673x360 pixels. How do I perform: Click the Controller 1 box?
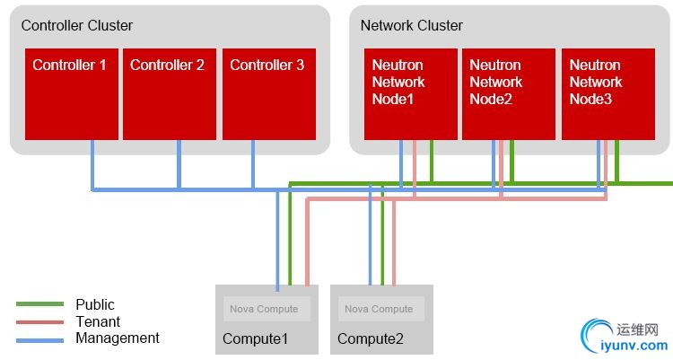(x=71, y=94)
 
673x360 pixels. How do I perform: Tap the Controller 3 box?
(x=268, y=94)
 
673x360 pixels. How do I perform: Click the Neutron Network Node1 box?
(x=410, y=94)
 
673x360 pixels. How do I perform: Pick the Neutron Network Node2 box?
(x=508, y=94)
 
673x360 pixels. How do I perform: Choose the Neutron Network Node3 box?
(x=607, y=94)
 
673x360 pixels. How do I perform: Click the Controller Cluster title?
(x=77, y=25)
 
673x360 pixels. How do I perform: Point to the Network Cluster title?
(x=412, y=25)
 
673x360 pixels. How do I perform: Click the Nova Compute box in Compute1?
(x=267, y=309)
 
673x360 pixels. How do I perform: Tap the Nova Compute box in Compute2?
(x=381, y=309)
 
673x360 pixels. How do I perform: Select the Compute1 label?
(x=256, y=338)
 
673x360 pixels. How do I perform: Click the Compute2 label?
(x=371, y=338)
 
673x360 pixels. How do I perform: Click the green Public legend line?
(x=39, y=304)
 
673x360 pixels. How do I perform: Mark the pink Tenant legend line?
(x=39, y=321)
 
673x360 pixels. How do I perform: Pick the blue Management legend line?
(x=39, y=339)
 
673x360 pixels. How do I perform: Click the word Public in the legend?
(x=95, y=304)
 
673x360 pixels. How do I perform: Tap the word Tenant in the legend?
(x=98, y=321)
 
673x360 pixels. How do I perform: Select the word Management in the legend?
(x=118, y=338)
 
